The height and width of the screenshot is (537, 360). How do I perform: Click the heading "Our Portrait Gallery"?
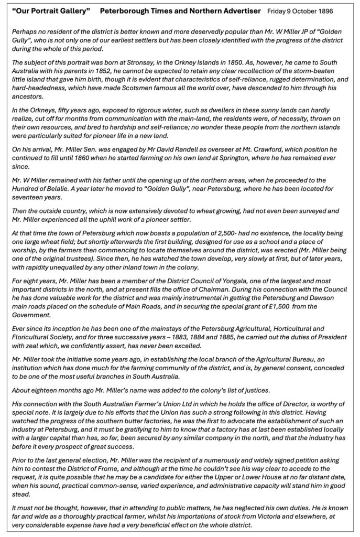(x=50, y=11)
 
